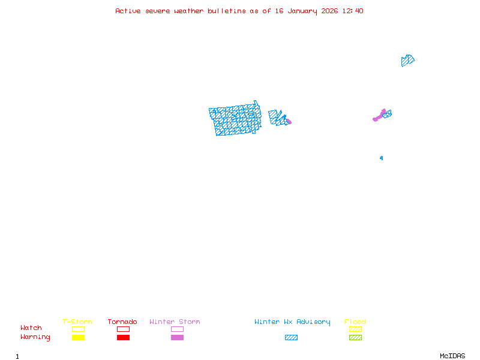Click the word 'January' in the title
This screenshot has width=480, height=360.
tap(301, 11)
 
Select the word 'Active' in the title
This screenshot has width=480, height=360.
tap(128, 11)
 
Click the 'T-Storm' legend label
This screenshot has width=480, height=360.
tap(77, 322)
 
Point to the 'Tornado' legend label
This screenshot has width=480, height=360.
tap(122, 322)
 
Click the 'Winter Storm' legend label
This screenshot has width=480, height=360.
tap(175, 322)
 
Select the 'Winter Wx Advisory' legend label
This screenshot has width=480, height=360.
tap(292, 322)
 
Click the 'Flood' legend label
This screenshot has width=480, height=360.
tap(355, 322)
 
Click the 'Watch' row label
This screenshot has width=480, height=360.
tap(31, 328)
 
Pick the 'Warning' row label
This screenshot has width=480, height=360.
tap(35, 337)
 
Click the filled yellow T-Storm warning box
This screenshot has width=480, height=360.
tap(78, 338)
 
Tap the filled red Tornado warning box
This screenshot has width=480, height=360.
tap(123, 338)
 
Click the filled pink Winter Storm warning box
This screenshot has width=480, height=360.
tap(177, 338)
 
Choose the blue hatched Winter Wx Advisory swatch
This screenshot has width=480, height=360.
tap(291, 338)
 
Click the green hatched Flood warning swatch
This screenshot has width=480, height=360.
tap(355, 338)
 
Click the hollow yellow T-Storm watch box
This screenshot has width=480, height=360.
tap(78, 329)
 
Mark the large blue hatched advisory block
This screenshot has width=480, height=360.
tap(235, 120)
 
